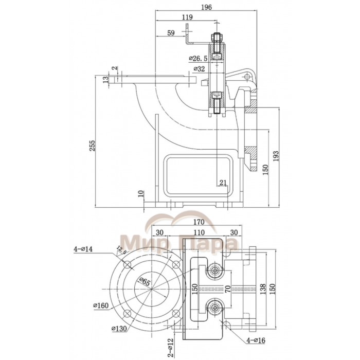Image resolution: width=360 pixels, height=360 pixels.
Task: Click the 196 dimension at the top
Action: [206, 7]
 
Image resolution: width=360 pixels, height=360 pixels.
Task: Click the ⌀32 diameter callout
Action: [200, 69]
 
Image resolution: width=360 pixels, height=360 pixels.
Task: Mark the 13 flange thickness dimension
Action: [105, 79]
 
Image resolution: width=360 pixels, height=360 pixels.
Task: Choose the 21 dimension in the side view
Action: [222, 182]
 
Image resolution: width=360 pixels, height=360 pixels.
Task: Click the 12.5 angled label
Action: [121, 250]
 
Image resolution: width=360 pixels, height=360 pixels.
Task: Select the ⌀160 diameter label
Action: [101, 305]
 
